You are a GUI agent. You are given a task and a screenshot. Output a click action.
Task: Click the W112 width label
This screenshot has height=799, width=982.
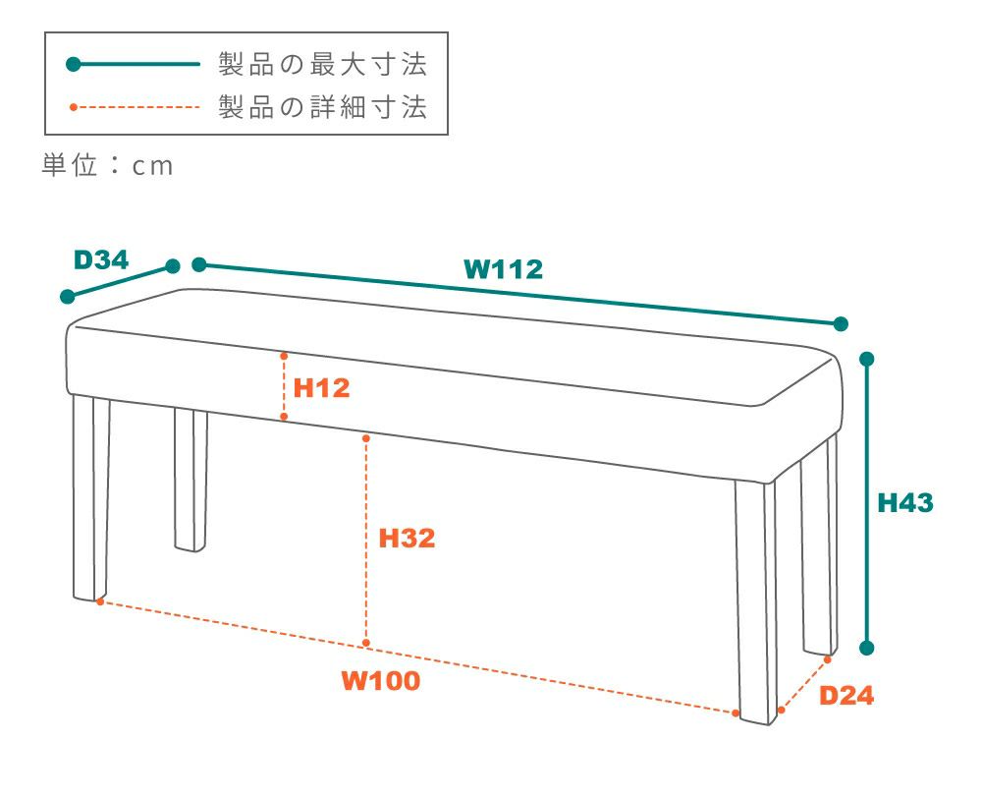tap(503, 269)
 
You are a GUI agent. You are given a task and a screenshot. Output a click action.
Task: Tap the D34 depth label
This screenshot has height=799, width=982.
tap(101, 259)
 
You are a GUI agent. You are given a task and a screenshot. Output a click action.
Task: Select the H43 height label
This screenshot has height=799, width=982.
tap(905, 502)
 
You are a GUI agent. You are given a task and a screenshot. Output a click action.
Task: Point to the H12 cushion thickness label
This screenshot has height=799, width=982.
tap(321, 388)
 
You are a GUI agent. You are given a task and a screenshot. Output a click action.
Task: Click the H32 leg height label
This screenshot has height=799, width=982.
tap(407, 539)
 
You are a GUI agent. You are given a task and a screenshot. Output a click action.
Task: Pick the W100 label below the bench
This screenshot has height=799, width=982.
tap(381, 680)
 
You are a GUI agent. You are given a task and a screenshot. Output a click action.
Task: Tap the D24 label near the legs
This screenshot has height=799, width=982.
tap(846, 695)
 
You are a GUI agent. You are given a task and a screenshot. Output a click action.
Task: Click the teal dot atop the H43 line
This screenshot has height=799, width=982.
tap(867, 359)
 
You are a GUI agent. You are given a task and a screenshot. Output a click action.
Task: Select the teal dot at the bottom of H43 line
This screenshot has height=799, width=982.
tap(867, 648)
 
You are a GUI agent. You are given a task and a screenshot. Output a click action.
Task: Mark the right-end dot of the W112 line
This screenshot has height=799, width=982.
tap(842, 324)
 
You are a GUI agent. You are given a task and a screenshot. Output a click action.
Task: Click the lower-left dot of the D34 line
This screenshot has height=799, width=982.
tap(68, 297)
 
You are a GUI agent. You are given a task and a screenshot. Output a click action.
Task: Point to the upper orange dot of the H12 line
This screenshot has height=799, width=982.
tap(284, 356)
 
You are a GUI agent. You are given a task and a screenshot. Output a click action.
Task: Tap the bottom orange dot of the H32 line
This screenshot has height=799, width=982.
tap(366, 643)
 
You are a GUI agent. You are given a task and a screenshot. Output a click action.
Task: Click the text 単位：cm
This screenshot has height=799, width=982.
tap(107, 165)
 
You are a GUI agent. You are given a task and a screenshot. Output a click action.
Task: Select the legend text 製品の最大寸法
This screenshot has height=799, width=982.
tap(322, 64)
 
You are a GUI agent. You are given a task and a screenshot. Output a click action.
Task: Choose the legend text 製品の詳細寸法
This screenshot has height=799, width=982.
tap(322, 106)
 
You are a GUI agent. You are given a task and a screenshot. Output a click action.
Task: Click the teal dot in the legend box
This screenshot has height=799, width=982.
tap(74, 64)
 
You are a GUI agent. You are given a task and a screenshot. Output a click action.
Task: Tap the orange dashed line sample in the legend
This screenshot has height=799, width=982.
tap(136, 107)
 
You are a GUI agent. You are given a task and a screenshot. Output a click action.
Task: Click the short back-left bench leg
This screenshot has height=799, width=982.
tap(191, 481)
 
